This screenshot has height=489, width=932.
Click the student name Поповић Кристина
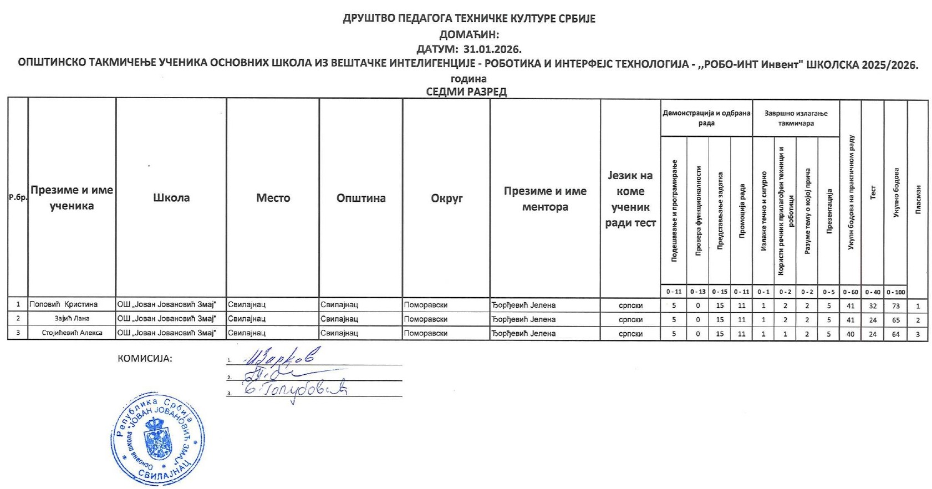coord(63,304)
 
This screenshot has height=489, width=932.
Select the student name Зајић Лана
coord(72,319)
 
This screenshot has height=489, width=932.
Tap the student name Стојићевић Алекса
coord(72,333)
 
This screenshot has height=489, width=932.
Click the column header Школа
coord(171,198)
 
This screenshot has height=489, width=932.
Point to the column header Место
coord(273,198)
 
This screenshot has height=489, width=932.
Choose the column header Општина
coord(361,198)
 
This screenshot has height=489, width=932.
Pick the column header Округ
coord(446,198)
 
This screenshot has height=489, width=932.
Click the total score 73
coord(895,305)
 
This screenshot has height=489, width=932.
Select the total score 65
coord(895,320)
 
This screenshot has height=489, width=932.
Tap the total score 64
coord(895,334)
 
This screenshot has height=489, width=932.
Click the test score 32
coord(873,305)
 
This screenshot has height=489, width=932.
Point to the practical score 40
coord(850,334)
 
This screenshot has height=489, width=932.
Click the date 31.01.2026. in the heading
coord(492,49)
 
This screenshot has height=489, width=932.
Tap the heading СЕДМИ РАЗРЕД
coord(466,91)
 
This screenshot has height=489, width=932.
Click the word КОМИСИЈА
coord(145,359)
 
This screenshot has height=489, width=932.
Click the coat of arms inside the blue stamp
coord(157,438)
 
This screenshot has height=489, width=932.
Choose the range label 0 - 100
coord(895,292)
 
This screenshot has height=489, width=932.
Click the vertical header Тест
coord(873,192)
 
